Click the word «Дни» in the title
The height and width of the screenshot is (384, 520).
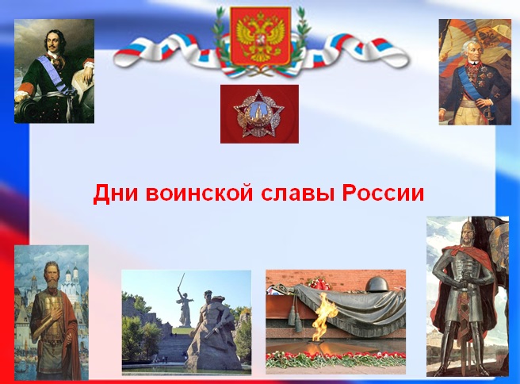[115, 193]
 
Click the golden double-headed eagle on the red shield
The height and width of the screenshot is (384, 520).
[261, 36]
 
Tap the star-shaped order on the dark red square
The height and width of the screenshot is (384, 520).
[259, 114]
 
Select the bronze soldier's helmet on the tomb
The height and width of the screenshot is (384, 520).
[377, 285]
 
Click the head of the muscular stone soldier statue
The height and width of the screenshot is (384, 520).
[208, 296]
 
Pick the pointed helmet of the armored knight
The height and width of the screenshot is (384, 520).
[467, 225]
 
